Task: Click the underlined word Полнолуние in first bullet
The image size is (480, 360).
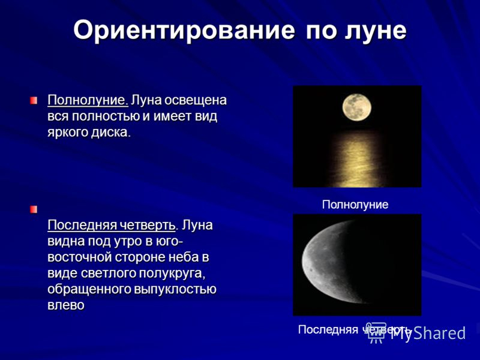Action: coord(88,99)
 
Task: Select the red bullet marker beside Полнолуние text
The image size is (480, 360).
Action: coord(35,98)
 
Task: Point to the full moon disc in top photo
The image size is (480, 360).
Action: coord(356,108)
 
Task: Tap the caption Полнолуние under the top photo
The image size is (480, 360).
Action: coord(355,205)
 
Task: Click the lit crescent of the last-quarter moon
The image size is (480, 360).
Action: coord(324,264)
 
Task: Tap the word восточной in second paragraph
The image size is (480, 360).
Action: coord(79,258)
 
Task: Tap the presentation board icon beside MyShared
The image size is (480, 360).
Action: coord(376,332)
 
